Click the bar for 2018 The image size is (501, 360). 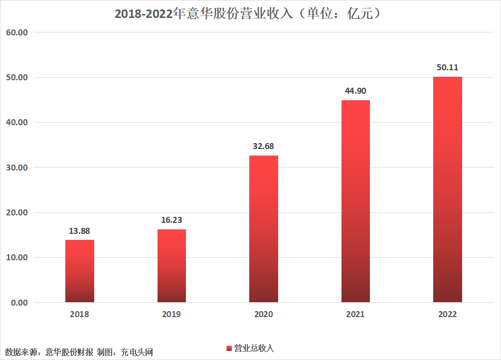(x=80, y=271)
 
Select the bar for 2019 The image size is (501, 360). (x=171, y=266)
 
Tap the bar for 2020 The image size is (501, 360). (x=264, y=229)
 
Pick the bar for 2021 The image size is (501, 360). (x=355, y=201)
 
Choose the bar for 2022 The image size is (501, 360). (x=448, y=189)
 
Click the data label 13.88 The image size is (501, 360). (x=80, y=231)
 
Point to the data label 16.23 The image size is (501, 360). (x=171, y=220)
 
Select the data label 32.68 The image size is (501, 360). (x=264, y=147)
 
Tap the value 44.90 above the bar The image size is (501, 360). (x=355, y=91)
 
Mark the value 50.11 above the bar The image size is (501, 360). (x=448, y=68)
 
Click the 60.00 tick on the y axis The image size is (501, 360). (x=17, y=32)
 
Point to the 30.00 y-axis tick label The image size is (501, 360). (x=17, y=168)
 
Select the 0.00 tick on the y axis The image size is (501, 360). (x=19, y=303)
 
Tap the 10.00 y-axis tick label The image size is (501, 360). (x=17, y=258)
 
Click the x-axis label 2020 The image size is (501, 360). (x=264, y=315)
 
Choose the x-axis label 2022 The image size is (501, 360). (x=448, y=315)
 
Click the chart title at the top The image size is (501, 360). (x=250, y=14)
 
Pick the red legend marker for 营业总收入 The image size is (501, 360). (x=229, y=348)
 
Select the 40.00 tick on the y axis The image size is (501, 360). (x=17, y=123)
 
